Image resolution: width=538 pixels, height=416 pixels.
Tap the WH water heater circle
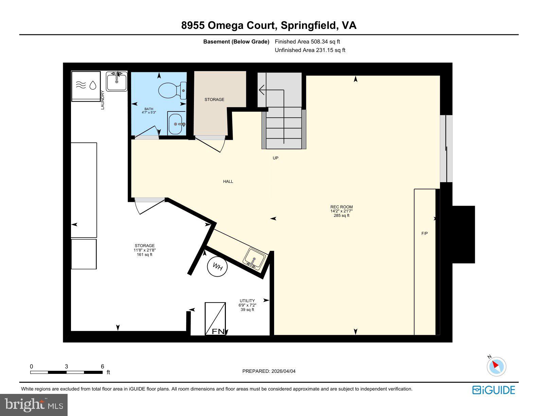pos(217,267)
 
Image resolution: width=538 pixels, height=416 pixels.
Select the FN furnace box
pos(215,319)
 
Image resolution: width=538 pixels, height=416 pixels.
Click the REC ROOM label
pos(341,207)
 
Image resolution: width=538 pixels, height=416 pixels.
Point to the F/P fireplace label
pos(424,233)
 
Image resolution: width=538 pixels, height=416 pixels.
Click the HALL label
pos(228,181)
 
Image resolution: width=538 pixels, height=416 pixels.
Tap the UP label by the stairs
pos(275,158)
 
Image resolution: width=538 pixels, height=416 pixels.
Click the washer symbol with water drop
pos(86,86)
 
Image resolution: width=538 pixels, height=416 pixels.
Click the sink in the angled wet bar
pos(254,258)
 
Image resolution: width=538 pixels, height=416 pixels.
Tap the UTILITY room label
pos(247,301)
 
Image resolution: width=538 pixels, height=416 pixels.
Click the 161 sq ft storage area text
pos(145,255)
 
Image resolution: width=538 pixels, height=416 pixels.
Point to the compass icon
pos(496,366)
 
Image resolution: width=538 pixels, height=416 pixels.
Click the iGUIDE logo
pos(494,390)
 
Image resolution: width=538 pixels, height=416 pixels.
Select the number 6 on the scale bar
pos(102,366)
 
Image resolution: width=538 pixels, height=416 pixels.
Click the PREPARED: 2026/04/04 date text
pos(269,371)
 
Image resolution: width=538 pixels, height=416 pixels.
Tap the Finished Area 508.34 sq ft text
pos(307,42)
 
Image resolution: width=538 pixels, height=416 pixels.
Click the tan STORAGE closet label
pos(214,100)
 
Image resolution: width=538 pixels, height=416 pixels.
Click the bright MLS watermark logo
pos(34,405)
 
